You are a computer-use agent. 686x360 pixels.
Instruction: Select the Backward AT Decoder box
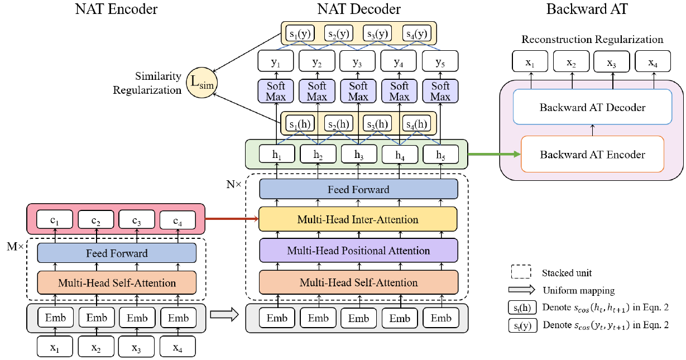coord(592,108)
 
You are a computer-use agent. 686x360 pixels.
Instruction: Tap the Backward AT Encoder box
coord(592,155)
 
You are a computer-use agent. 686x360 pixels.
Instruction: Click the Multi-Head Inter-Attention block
coord(358,219)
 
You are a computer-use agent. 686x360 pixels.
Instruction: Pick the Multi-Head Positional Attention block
coord(358,251)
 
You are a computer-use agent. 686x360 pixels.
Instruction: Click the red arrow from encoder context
coord(232,219)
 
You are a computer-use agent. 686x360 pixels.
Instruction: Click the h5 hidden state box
coord(440,154)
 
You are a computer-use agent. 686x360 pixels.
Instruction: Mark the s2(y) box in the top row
coord(338,33)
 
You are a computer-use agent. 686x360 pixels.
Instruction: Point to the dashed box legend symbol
coord(520,273)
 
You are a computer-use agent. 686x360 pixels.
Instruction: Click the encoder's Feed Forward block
coord(117,253)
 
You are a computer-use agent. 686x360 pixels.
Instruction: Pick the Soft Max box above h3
coord(358,91)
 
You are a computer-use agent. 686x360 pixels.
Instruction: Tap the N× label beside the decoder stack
coord(233,183)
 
